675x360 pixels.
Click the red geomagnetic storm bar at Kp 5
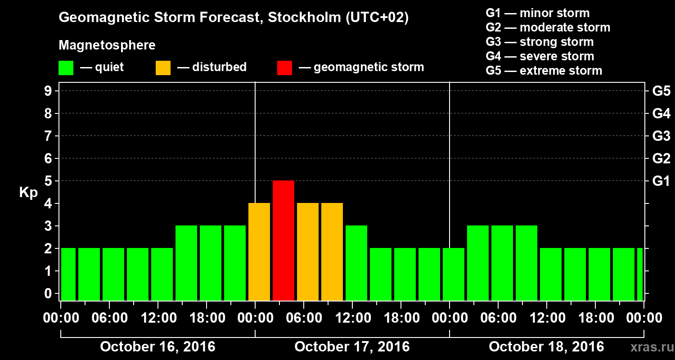pyautogui.click(x=283, y=240)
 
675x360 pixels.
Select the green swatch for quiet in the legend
pyautogui.click(x=66, y=68)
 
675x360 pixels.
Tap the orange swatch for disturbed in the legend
pyautogui.click(x=163, y=68)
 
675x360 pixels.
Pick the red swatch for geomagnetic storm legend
pyautogui.click(x=284, y=68)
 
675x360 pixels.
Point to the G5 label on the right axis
pyautogui.click(x=661, y=91)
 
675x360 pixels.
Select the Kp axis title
pyautogui.click(x=28, y=193)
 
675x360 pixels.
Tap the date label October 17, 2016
pyautogui.click(x=352, y=347)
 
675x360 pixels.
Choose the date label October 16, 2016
pyautogui.click(x=157, y=347)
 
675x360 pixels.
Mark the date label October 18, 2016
pyautogui.click(x=546, y=347)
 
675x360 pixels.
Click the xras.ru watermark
pyautogui.click(x=648, y=347)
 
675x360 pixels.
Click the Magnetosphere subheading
pyautogui.click(x=107, y=45)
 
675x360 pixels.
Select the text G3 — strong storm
pyautogui.click(x=540, y=42)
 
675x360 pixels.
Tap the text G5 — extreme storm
pyautogui.click(x=544, y=71)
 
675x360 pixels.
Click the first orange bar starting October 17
pyautogui.click(x=259, y=252)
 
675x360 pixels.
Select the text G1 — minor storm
pyautogui.click(x=538, y=13)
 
